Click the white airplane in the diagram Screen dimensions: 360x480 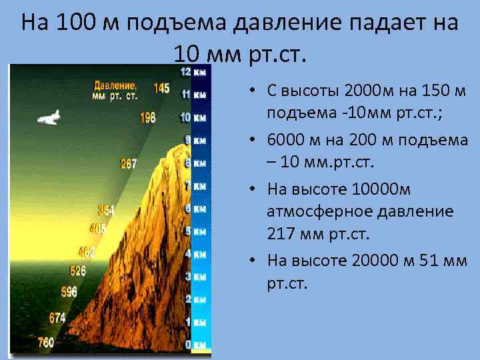click(49, 118)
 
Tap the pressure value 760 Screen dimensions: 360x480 click(45, 343)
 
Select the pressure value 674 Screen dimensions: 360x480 click(57, 318)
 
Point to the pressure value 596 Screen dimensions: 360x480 click(69, 291)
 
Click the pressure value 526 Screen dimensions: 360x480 click(78, 271)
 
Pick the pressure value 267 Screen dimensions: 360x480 click(128, 163)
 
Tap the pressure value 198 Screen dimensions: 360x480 click(147, 117)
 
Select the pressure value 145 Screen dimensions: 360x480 click(161, 88)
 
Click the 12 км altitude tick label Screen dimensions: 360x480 click(193, 72)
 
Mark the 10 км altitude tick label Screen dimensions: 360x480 click(194, 117)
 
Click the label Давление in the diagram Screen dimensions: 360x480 click(115, 86)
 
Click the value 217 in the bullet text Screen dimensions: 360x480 click(279, 234)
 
